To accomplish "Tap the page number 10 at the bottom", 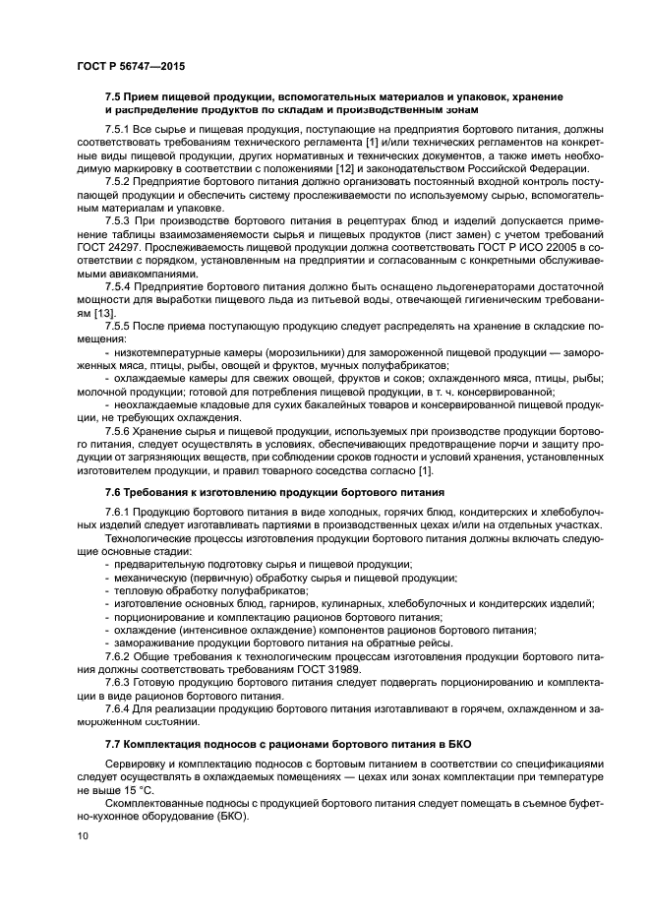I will click(82, 836).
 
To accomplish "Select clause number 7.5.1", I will click(121, 129).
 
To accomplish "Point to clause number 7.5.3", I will click(121, 226).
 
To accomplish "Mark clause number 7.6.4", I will click(121, 707).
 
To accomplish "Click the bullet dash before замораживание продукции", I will click(107, 641).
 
